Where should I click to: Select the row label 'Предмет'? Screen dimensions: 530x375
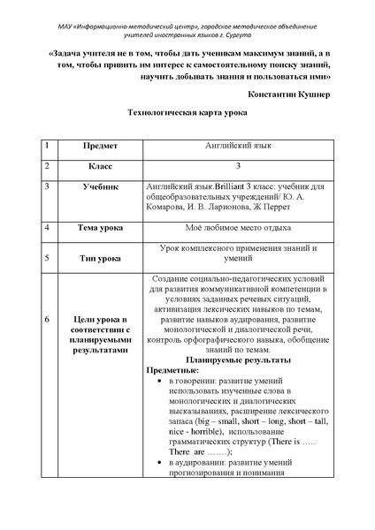100,144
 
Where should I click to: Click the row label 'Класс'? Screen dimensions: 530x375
100,165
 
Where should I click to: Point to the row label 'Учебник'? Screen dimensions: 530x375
100,186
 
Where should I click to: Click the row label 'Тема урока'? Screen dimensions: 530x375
100,227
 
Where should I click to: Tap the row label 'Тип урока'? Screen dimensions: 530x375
100,259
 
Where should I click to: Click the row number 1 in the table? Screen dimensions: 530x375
47,144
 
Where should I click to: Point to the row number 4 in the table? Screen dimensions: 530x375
47,227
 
